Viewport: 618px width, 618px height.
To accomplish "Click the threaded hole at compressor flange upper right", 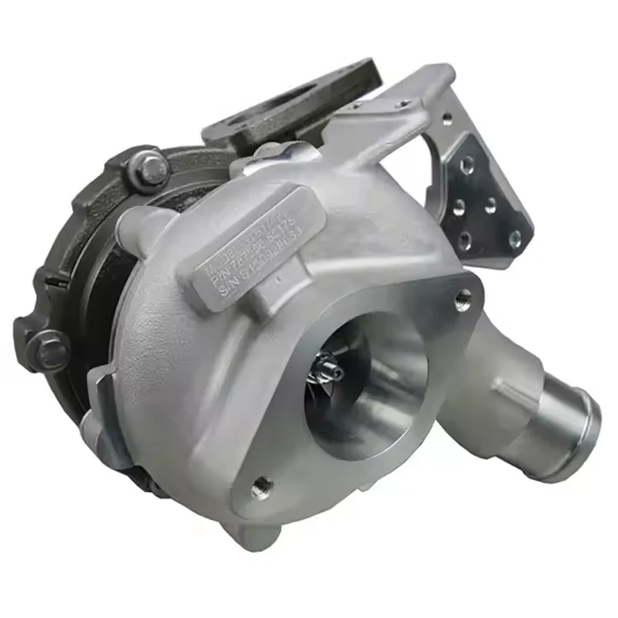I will [x=463, y=297].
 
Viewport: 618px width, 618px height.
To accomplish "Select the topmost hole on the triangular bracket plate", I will [x=466, y=165].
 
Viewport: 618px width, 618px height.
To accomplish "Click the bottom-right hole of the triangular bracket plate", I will [x=514, y=239].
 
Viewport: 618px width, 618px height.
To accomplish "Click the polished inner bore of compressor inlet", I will [x=386, y=378].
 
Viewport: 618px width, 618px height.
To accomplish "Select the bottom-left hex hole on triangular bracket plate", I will [x=463, y=239].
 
